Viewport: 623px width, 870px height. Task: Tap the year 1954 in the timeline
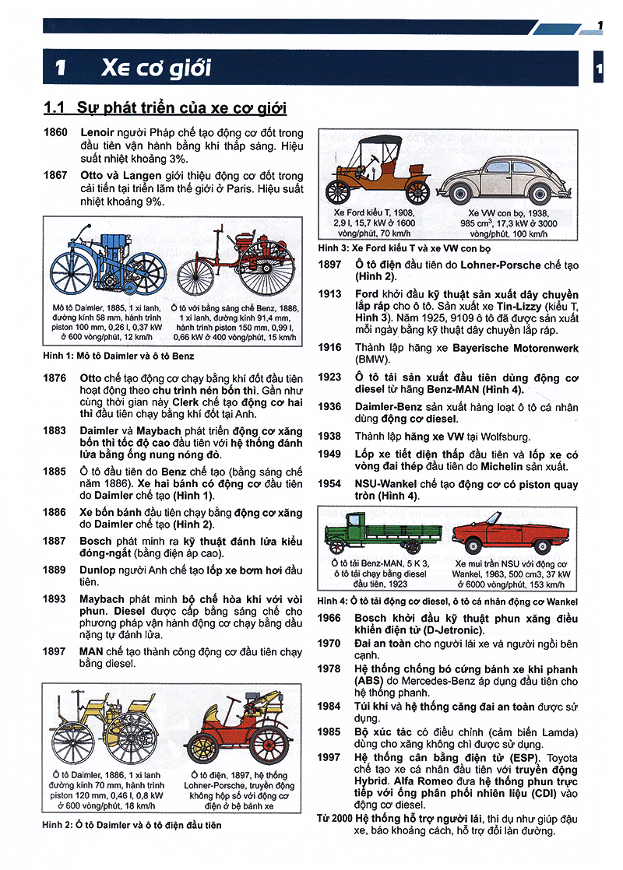pos(329,483)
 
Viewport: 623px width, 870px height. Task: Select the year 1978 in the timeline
pos(329,669)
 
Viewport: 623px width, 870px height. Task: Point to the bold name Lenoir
pos(99,132)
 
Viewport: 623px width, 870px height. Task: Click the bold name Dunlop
pos(99,570)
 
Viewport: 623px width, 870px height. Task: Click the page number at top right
pos(600,26)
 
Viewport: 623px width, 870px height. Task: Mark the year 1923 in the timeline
pos(329,377)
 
